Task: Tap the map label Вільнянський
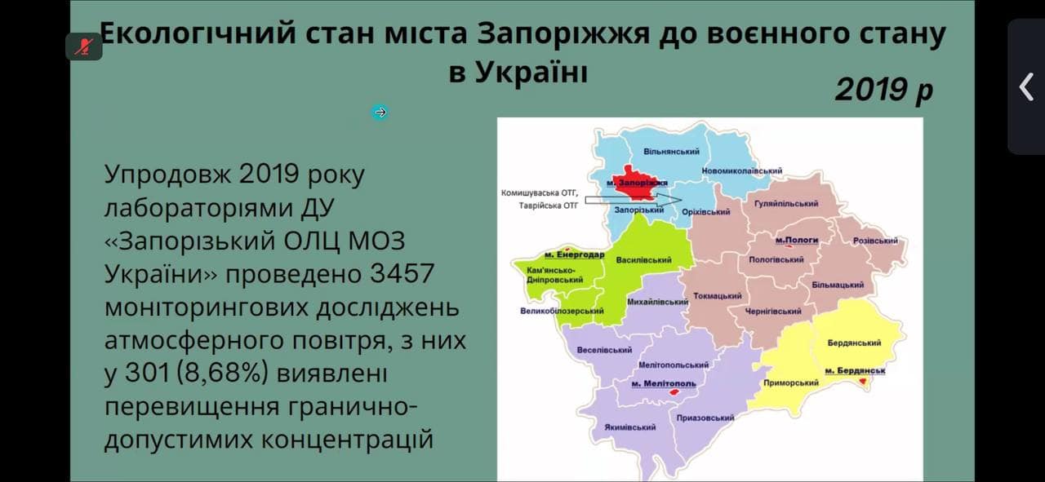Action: [671, 152]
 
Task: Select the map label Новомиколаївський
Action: [742, 171]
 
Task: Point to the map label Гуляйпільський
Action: [786, 204]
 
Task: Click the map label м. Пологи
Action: [797, 240]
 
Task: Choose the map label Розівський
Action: [875, 241]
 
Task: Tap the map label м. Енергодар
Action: [574, 255]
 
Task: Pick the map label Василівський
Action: [644, 260]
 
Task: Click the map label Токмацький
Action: [718, 296]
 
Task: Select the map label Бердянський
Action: [854, 343]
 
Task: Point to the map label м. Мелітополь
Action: [664, 383]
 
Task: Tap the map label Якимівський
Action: [629, 427]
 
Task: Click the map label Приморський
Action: [791, 383]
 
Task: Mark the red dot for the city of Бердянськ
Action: [863, 382]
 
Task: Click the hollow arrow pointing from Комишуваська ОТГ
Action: [633, 201]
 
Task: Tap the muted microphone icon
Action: [84, 46]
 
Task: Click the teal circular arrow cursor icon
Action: [380, 113]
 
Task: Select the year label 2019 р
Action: [884, 90]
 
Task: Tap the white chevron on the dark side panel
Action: [1026, 86]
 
